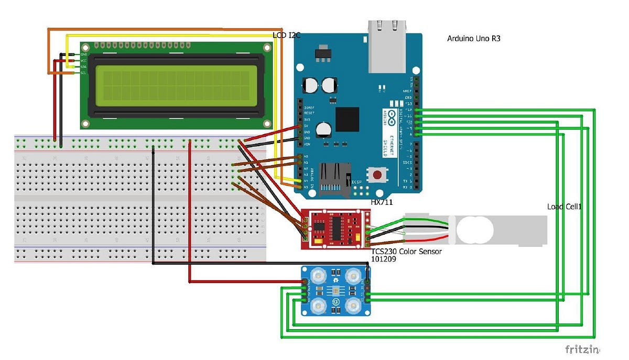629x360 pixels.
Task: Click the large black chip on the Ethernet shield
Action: click(x=347, y=119)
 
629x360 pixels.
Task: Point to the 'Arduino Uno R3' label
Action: click(x=473, y=38)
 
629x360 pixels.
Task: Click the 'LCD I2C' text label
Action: click(x=287, y=36)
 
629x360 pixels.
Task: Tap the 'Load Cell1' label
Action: click(x=565, y=207)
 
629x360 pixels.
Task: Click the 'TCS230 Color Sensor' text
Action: click(x=406, y=252)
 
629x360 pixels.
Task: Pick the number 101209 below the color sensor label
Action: click(x=384, y=259)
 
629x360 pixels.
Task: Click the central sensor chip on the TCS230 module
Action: click(x=335, y=290)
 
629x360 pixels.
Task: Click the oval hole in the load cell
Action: click(x=475, y=231)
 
